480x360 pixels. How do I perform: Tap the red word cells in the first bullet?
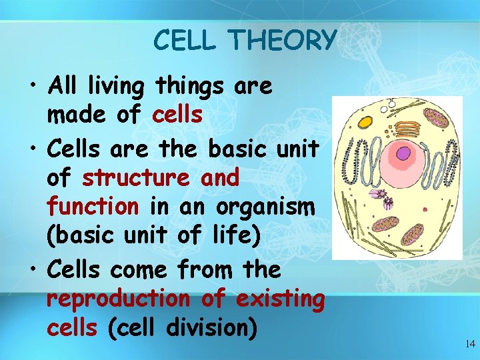[x=177, y=115]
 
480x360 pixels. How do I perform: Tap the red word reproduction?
[x=118, y=299]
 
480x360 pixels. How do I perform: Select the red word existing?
[x=280, y=299]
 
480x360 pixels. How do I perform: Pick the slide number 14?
[x=469, y=344]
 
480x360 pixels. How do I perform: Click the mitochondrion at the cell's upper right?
[x=437, y=119]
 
